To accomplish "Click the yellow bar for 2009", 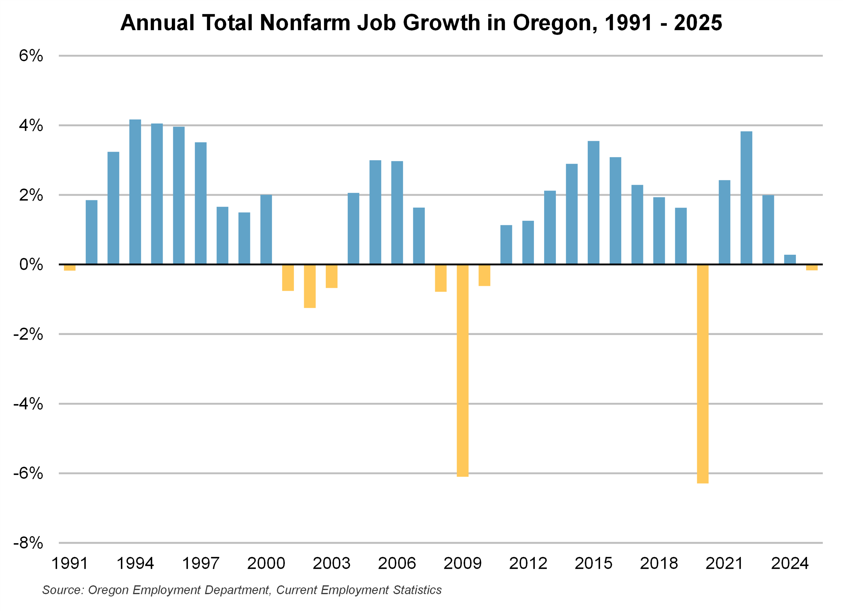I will point(462,370).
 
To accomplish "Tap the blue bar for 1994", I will point(135,192).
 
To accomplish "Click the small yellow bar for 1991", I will point(70,267).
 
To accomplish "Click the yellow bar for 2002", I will point(310,286).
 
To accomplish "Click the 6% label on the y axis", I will point(31,56).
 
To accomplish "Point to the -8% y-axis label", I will point(28,543).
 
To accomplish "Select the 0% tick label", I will point(31,264).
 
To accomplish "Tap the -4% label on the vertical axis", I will point(28,403).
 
